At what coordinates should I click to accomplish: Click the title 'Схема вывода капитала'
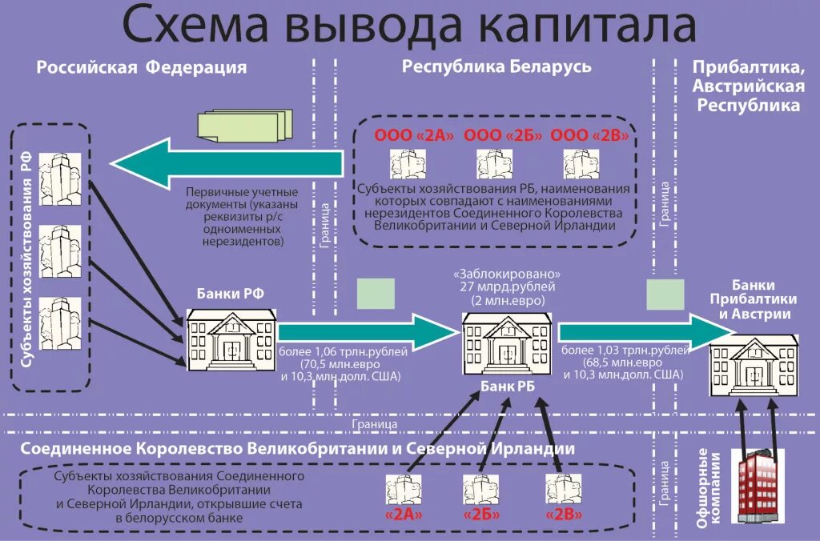tap(409, 26)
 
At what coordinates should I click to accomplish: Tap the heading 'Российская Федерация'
tap(141, 67)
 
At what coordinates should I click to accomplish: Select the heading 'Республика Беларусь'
tap(496, 66)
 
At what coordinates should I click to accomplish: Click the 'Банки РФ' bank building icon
tap(231, 340)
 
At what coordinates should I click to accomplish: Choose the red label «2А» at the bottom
tap(403, 515)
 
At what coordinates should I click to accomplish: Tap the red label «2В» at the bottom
tap(563, 515)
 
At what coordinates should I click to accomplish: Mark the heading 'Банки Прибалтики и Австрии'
tap(754, 299)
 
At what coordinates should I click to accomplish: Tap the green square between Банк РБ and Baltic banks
tap(665, 295)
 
